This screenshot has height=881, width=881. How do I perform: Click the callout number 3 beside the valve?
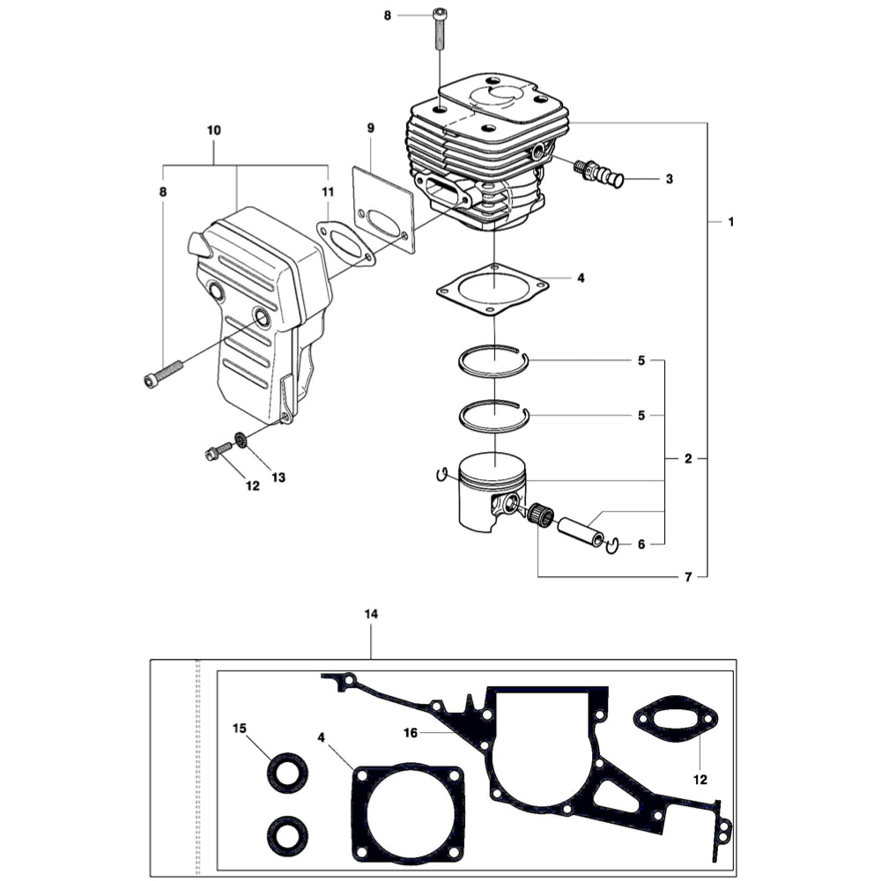click(670, 179)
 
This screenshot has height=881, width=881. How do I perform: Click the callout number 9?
click(371, 129)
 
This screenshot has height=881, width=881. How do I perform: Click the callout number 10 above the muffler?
click(214, 130)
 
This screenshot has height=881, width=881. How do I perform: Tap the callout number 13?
click(278, 478)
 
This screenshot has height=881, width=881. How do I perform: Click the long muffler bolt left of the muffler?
click(163, 372)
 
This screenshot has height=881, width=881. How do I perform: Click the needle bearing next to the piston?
click(540, 516)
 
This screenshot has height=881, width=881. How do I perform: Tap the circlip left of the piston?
click(442, 476)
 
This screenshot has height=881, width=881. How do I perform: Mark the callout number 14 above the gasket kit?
click(371, 613)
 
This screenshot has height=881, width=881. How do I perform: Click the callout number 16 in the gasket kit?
click(411, 732)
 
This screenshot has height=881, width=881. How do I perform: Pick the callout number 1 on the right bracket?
click(730, 221)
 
